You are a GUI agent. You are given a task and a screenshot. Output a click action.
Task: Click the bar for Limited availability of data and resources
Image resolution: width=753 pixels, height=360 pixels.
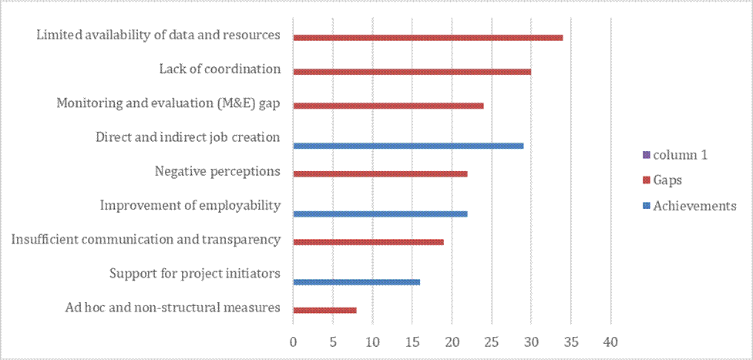click(428, 37)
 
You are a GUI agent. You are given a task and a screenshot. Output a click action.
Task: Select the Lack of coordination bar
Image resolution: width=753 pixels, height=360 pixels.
click(412, 72)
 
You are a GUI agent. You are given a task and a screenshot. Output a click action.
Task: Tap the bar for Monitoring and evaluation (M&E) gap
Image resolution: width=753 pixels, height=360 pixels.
click(388, 106)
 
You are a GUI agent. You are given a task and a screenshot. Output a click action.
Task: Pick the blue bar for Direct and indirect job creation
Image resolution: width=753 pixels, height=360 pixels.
click(408, 146)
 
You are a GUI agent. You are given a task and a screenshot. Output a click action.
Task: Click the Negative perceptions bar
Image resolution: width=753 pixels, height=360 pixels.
click(380, 173)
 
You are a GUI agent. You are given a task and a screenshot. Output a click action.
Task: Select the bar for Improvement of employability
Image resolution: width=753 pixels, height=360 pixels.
click(380, 214)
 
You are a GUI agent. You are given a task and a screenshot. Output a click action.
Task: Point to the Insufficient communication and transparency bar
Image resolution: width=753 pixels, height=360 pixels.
click(368, 242)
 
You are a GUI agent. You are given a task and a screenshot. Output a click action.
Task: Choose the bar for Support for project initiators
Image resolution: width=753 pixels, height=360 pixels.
click(356, 282)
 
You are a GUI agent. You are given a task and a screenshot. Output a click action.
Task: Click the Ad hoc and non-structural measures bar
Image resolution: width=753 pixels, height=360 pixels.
click(324, 310)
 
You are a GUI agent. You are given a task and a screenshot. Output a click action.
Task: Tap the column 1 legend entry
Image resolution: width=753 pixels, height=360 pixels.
click(680, 155)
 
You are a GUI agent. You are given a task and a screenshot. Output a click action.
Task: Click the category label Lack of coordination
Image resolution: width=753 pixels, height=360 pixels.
click(220, 69)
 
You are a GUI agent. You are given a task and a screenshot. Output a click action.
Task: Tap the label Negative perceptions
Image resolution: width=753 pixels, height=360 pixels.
click(217, 171)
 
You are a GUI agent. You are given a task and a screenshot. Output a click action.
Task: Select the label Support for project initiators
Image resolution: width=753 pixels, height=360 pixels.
click(194, 274)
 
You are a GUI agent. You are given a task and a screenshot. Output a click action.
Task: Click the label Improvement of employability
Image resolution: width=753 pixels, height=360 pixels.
click(190, 206)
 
